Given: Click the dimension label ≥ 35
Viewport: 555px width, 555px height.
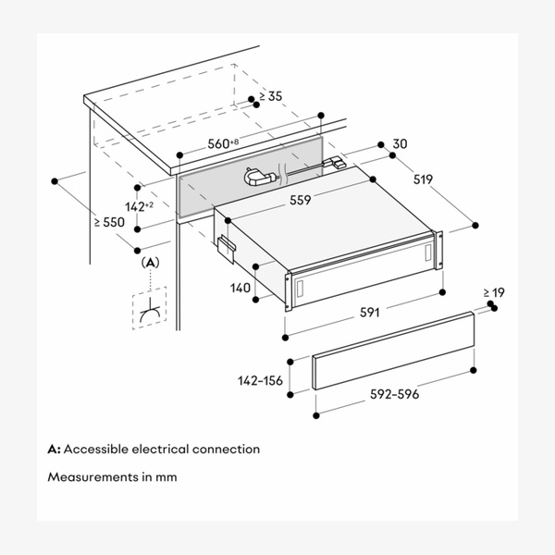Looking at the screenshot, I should (x=271, y=95).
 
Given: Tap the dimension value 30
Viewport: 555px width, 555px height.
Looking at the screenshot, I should (x=399, y=143).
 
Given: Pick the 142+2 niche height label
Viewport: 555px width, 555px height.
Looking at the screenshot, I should (x=142, y=205).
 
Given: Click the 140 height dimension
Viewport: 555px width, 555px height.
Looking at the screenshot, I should (x=240, y=288).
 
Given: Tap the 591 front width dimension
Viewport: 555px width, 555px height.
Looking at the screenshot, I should (x=370, y=313).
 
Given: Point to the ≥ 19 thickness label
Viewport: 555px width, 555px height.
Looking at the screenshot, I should (x=494, y=293).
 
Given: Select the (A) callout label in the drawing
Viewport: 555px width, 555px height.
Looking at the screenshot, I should (x=150, y=263).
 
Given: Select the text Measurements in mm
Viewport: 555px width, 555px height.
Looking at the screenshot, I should (x=112, y=478).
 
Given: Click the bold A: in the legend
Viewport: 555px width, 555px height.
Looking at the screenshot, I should (x=55, y=450).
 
